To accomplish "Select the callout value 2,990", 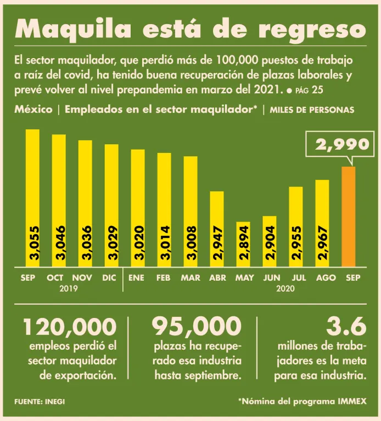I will pos(341,145).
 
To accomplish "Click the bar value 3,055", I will pos(32,242).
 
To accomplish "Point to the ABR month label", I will pos(217,278).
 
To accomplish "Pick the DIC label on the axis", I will pos(109,278).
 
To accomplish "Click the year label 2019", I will pos(68,288).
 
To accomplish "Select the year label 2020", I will pos(286,288).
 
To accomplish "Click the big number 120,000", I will pos(70,328).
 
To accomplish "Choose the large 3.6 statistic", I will pos(346,328).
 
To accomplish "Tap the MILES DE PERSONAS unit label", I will pos(312,110).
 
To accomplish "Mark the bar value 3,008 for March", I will pos(190,242).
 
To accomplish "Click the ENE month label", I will pos(136,278).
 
